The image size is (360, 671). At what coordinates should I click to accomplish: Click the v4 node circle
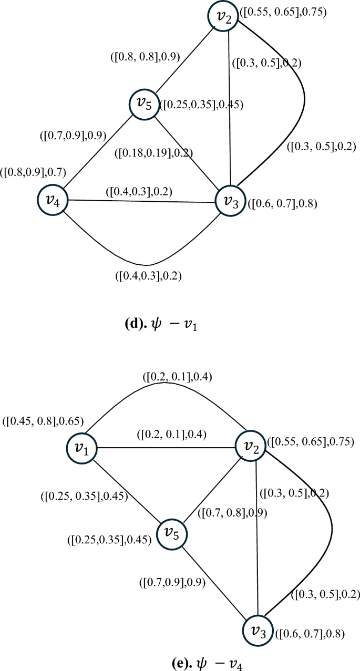[52, 200]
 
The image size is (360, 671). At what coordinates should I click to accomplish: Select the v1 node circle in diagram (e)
[81, 448]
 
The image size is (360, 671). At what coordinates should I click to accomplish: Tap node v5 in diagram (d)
[144, 104]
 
